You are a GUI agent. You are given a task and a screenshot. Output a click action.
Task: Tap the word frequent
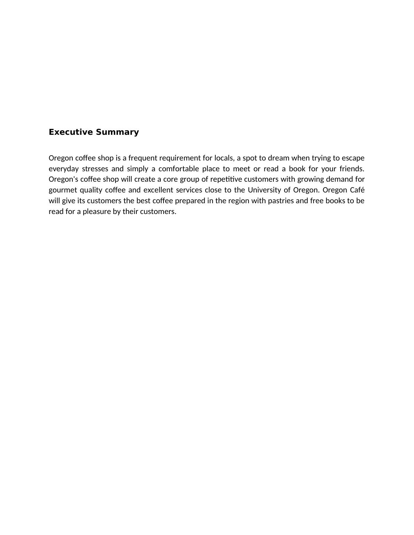143,158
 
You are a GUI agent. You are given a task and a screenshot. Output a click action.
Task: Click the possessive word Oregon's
63,179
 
